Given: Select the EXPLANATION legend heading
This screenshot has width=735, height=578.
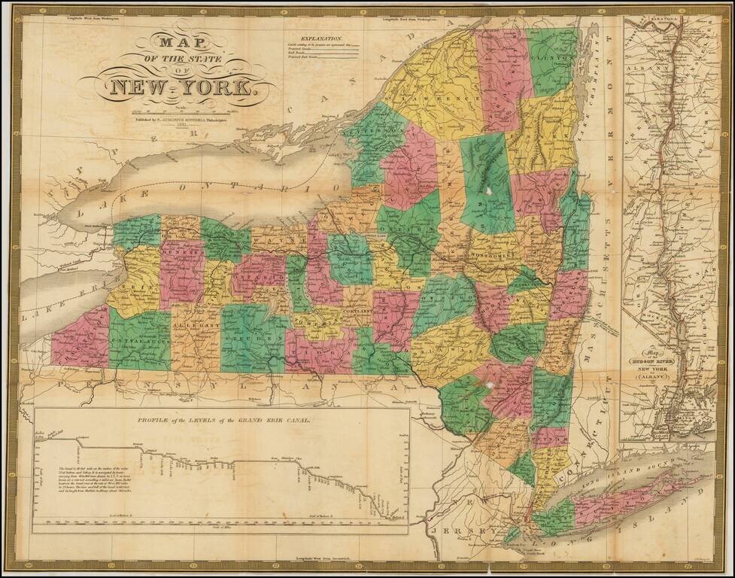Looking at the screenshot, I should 322,38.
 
